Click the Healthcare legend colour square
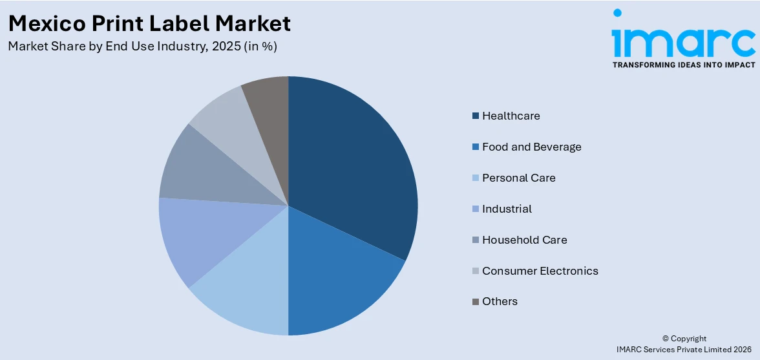point(476,116)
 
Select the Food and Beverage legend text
point(531,147)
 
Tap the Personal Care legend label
point(518,178)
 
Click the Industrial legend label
point(507,209)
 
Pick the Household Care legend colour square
point(476,240)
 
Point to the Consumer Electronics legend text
point(540,271)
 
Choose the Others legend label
point(500,301)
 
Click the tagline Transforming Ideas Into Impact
point(683,65)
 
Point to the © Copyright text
point(684,339)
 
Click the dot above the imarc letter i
point(618,13)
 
